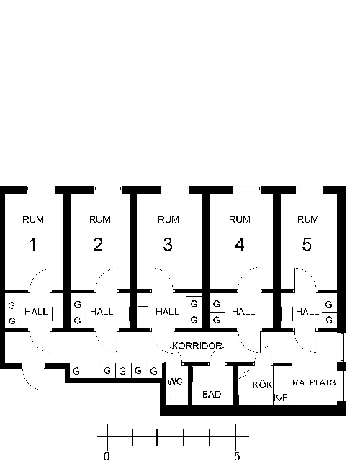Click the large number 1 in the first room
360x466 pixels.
click(32, 245)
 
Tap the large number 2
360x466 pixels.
click(98, 245)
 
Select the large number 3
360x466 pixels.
click(168, 245)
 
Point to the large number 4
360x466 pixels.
click(240, 245)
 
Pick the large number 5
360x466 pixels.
click(307, 245)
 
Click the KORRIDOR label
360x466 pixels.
click(197, 346)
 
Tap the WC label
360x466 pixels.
click(175, 381)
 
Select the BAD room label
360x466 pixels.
click(212, 395)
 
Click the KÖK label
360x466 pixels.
click(262, 385)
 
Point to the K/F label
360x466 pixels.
click(281, 398)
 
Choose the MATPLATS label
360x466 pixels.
click(314, 382)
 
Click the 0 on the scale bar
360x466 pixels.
click(107, 456)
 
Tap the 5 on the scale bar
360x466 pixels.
click(237, 456)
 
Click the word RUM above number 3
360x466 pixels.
click(168, 220)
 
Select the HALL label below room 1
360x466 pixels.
click(36, 312)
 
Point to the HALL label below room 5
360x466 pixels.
click(307, 312)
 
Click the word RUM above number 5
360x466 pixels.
click(308, 220)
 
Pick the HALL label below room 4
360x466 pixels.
click(243, 312)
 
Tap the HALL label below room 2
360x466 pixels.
click(102, 312)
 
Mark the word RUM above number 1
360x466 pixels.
click(33, 220)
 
